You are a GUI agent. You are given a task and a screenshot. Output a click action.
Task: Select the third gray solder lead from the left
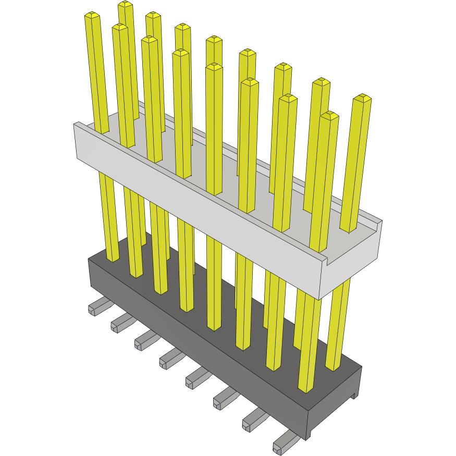pyautogui.click(x=144, y=342)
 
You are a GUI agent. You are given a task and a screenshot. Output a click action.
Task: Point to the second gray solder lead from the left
pyautogui.click(x=120, y=324)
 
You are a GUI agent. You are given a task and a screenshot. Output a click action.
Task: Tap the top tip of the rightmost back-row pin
pyautogui.click(x=362, y=97)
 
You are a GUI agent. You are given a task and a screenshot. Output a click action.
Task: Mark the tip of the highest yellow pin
pyautogui.click(x=125, y=4)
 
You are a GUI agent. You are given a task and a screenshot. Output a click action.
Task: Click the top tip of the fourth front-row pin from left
pyautogui.click(x=180, y=53)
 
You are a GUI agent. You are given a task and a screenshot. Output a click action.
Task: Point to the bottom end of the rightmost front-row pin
pyautogui.click(x=306, y=388)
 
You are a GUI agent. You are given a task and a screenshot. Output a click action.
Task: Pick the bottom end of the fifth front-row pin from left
pyautogui.click(x=214, y=327)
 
